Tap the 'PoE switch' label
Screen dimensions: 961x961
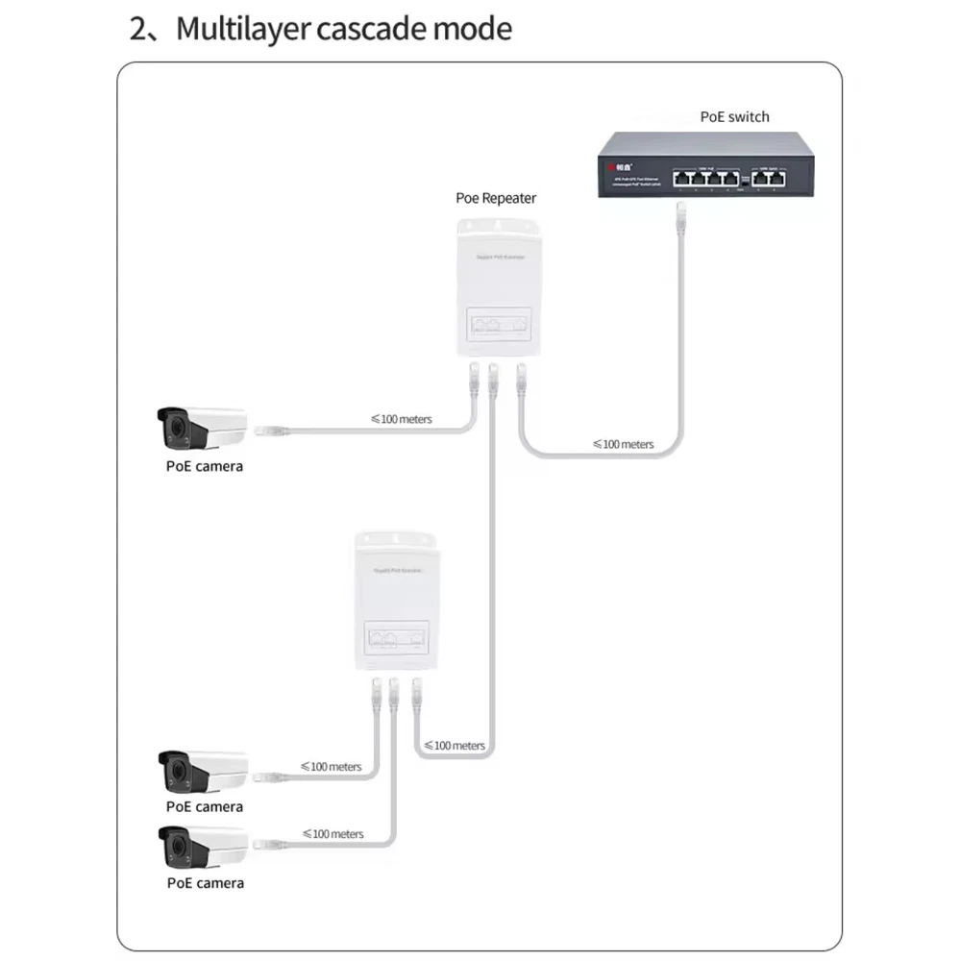(734, 117)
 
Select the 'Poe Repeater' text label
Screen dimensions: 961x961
(496, 198)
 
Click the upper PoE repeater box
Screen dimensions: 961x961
(493, 284)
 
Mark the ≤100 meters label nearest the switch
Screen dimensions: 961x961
(623, 444)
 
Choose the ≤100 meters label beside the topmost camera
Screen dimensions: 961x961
(401, 419)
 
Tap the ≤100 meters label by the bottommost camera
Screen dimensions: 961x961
(333, 834)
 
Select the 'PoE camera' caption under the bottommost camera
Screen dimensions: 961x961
(206, 882)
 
